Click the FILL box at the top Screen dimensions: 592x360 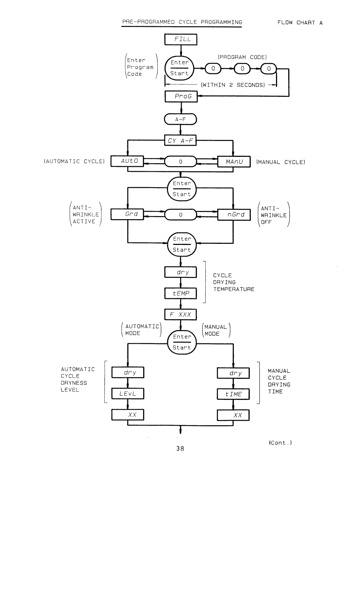[181, 39]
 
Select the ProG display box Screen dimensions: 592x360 [181, 97]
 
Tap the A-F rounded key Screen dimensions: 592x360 [180, 119]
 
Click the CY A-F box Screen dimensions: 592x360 [180, 141]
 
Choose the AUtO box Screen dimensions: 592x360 [127, 161]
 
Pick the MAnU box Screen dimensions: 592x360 [234, 162]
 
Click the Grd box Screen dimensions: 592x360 [127, 214]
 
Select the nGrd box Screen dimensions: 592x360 [234, 215]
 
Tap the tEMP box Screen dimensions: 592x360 [180, 293]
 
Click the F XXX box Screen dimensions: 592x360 [180, 314]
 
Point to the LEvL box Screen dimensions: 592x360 [128, 394]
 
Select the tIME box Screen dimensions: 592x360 [233, 394]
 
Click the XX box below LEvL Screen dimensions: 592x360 [128, 415]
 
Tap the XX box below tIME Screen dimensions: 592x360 [233, 415]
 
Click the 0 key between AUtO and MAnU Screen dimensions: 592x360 [181, 162]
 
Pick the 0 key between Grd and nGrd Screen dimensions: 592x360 [181, 215]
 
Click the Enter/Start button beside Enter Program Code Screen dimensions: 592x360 [179, 68]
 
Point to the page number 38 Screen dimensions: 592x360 [180, 448]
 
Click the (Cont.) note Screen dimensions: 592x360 [280, 443]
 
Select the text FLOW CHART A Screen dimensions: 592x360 [300, 23]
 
